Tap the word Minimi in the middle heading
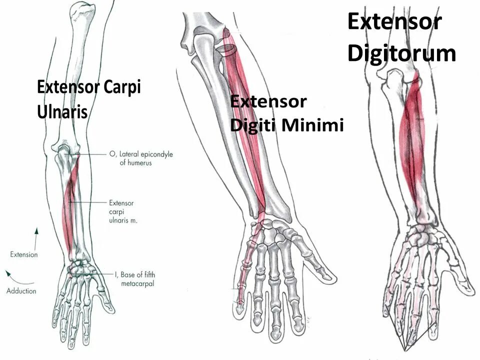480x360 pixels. click(x=313, y=125)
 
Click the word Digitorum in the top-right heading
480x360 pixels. click(x=401, y=53)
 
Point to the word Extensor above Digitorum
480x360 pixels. click(x=394, y=22)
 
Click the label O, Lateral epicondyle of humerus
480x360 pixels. click(x=140, y=158)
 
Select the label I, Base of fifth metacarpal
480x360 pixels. click(x=133, y=278)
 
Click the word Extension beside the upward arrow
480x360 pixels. click(x=24, y=254)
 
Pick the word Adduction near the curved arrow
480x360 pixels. click(x=21, y=290)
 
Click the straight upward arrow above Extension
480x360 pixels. click(x=36, y=237)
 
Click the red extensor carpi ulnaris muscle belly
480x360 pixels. click(x=69, y=210)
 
